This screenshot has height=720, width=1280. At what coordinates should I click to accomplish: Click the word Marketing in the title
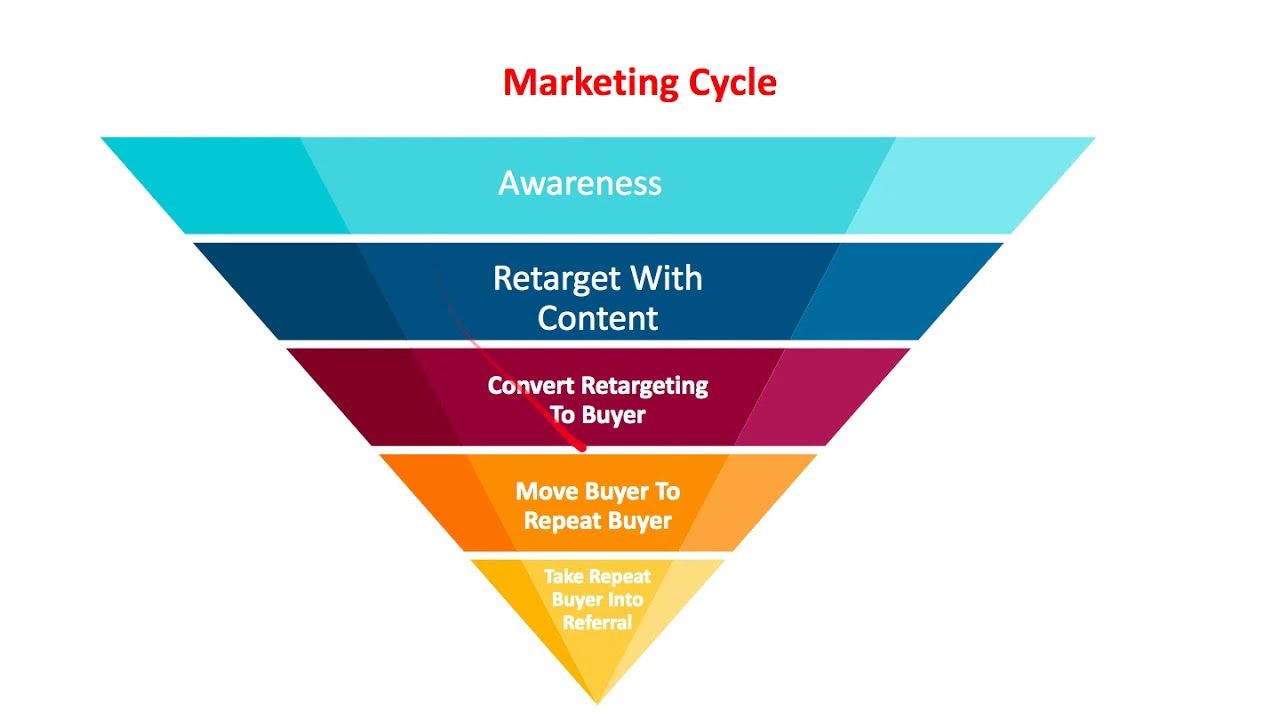[591, 83]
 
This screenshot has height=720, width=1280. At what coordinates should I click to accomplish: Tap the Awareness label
[580, 183]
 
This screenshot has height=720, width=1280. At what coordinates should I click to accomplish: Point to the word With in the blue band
[667, 278]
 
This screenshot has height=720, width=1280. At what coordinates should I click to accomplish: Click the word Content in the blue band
[598, 318]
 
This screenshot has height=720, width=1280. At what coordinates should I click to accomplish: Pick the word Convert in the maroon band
[531, 386]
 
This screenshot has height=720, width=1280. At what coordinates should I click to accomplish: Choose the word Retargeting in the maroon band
[645, 387]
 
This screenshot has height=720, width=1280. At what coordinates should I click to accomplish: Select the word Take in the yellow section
[562, 576]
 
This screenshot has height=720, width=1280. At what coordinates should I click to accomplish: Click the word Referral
[598, 622]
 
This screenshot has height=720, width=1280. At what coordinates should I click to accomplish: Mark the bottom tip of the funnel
[598, 703]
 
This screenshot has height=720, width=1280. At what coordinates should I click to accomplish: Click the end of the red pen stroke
[582, 449]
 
